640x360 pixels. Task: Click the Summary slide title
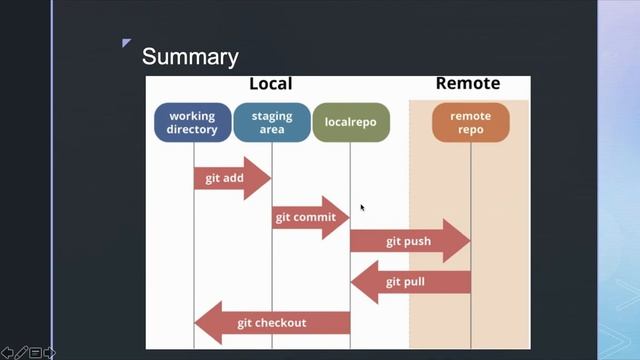click(190, 56)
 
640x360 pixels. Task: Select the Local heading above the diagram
click(270, 84)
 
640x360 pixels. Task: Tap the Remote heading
click(468, 84)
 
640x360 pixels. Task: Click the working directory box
click(192, 123)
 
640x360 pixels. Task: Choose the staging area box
click(272, 123)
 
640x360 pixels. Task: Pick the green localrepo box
click(350, 123)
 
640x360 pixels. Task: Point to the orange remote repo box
click(470, 123)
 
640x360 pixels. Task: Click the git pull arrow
click(410, 282)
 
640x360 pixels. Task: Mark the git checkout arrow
click(272, 323)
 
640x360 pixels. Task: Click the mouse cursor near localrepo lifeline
click(362, 207)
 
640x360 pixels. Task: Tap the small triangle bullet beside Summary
click(127, 43)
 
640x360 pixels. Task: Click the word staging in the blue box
click(272, 116)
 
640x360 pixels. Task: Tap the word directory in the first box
click(192, 130)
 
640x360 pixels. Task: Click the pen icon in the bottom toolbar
click(21, 352)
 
